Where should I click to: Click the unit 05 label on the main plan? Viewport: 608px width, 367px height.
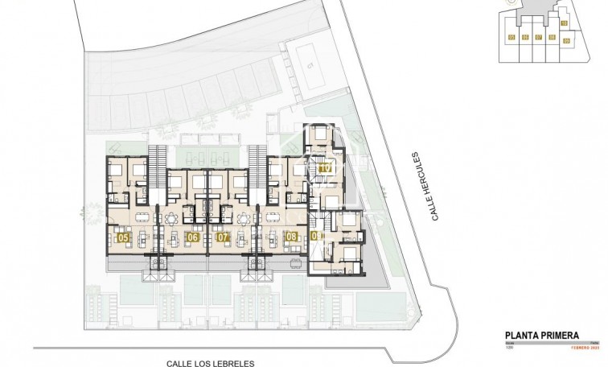click(123, 237)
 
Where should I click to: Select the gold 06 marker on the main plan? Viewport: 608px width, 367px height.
click(193, 237)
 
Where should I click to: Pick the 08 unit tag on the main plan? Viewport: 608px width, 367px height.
click(290, 237)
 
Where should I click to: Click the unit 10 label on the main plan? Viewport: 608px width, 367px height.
click(325, 168)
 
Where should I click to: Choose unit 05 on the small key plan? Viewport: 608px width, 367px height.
click(511, 37)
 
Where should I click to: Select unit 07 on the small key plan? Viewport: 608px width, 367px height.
click(538, 37)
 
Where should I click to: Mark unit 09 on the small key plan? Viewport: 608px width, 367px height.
click(565, 39)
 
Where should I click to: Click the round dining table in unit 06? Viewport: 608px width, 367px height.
click(170, 217)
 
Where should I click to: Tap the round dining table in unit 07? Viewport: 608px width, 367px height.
click(242, 217)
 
